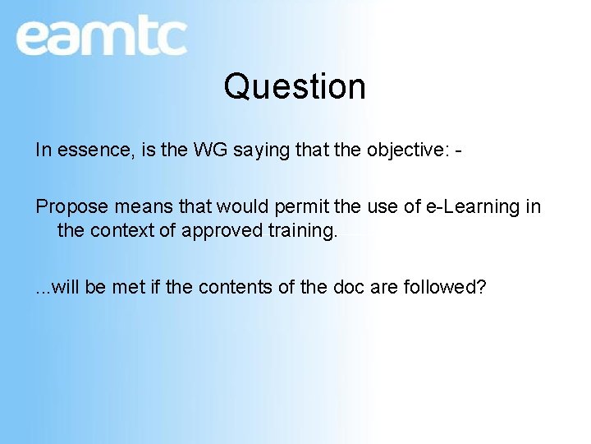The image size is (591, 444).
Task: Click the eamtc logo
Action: (101, 37)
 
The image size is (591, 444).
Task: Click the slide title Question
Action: (295, 86)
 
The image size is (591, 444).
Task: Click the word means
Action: (133, 206)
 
